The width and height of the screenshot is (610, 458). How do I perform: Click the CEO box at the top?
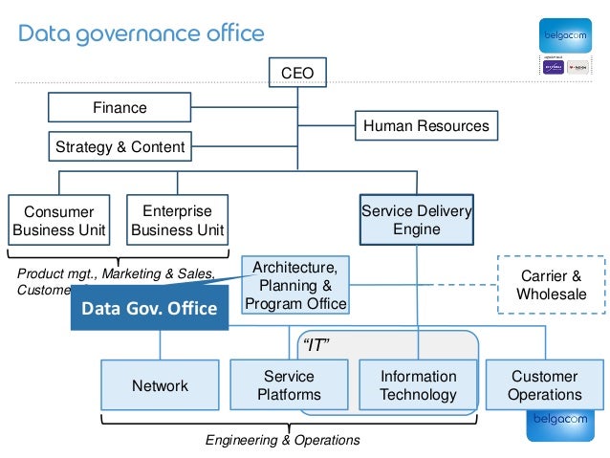[296, 73]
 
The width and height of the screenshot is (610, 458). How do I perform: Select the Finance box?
[120, 108]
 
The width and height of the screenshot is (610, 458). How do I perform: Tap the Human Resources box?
[425, 125]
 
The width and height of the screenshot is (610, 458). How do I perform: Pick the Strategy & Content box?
[120, 147]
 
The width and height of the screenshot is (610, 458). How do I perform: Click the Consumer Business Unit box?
[58, 221]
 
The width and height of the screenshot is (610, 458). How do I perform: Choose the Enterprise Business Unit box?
[177, 221]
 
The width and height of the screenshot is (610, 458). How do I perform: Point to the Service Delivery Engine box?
[416, 220]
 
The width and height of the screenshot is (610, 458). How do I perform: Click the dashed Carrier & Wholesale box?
[551, 284]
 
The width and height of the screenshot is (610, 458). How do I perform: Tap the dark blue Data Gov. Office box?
[149, 309]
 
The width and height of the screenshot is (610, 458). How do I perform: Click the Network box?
[160, 386]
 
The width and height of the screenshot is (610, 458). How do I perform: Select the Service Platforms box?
[289, 385]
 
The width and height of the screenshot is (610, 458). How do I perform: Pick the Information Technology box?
[418, 385]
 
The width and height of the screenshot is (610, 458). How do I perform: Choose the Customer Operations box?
[544, 385]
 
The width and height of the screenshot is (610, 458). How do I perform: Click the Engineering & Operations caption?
[283, 440]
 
